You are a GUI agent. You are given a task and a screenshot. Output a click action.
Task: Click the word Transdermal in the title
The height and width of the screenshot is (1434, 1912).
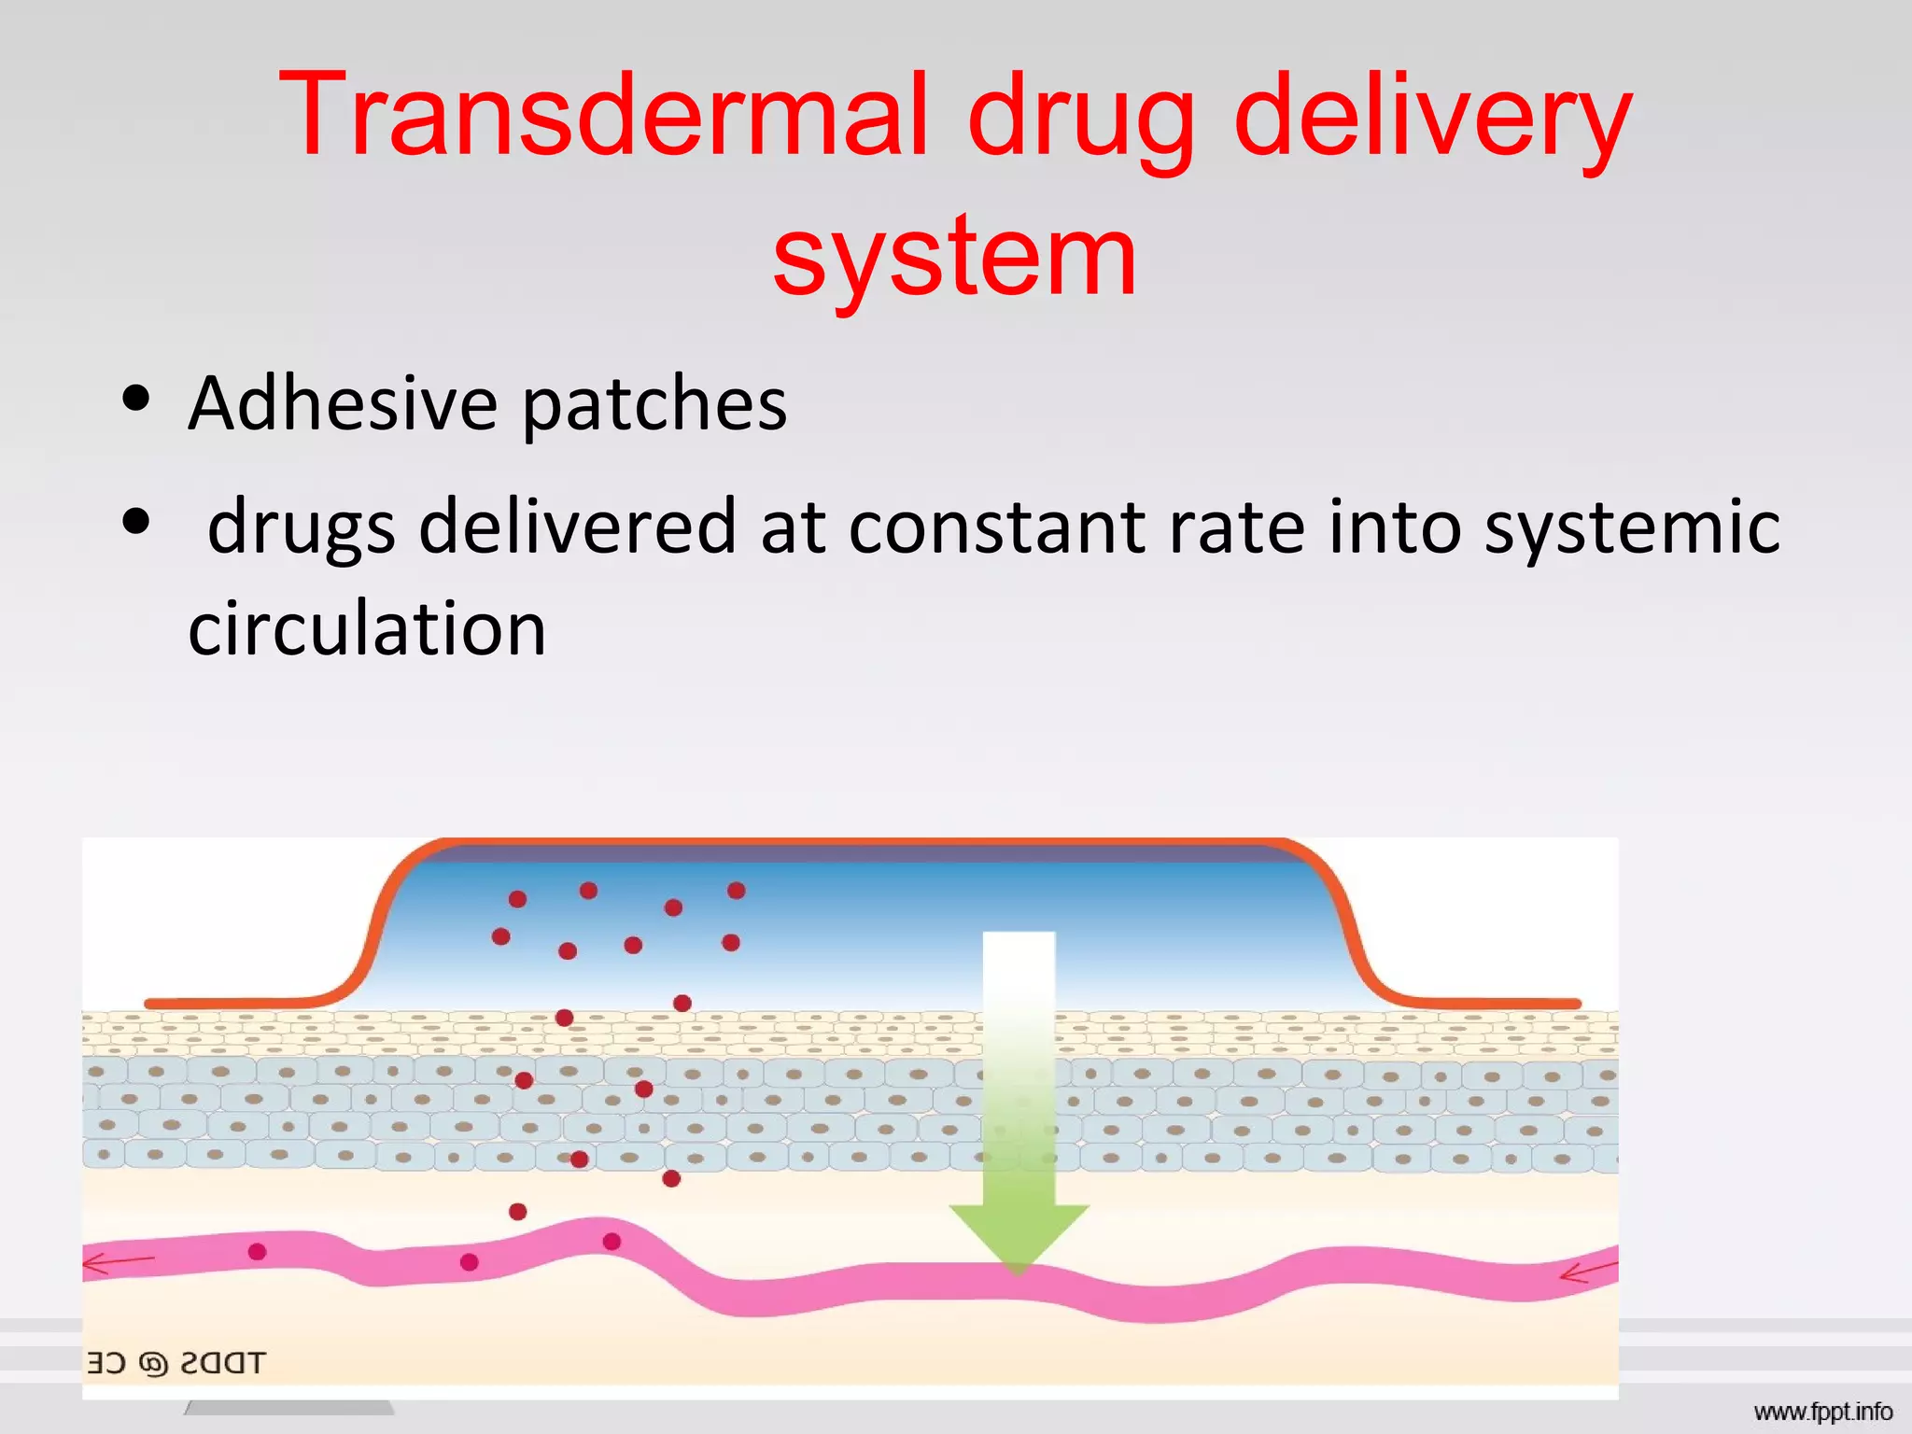click(603, 117)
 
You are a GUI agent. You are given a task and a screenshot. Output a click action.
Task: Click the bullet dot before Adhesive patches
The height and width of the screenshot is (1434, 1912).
click(136, 399)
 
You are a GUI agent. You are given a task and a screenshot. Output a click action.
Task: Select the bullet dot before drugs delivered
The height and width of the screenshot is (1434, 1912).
click(136, 522)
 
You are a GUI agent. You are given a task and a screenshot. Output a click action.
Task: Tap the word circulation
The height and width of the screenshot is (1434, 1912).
click(367, 628)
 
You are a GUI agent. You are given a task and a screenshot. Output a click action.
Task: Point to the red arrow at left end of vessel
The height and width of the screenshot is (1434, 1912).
click(116, 1264)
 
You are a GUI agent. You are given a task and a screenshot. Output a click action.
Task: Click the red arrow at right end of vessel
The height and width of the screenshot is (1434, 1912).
click(1588, 1272)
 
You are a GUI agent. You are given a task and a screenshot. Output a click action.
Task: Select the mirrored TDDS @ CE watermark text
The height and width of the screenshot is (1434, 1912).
click(176, 1363)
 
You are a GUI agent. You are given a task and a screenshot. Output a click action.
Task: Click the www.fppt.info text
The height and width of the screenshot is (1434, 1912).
click(1822, 1412)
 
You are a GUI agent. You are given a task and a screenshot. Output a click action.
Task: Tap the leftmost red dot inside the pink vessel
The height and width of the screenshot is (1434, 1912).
click(258, 1252)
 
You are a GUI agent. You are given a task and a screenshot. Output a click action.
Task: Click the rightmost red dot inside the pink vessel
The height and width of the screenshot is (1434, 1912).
click(612, 1241)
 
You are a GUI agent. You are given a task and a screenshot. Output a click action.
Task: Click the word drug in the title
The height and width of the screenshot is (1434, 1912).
click(1081, 121)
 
